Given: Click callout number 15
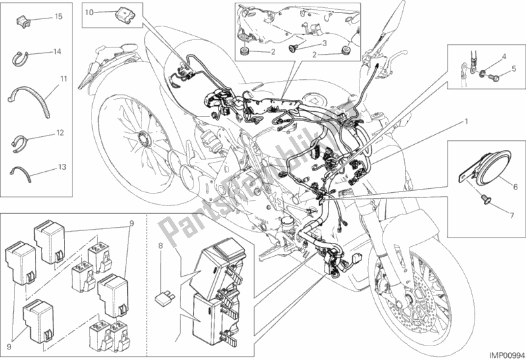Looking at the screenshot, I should [x=59, y=15].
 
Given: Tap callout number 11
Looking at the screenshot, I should [x=64, y=79].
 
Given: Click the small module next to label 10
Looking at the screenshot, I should [x=121, y=13].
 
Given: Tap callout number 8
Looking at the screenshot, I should [x=159, y=249].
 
